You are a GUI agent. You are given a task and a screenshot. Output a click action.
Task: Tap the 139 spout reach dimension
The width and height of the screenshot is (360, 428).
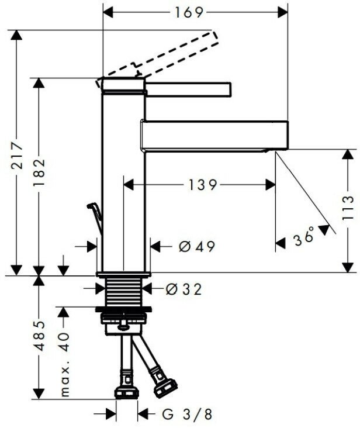pyautogui.click(x=202, y=185)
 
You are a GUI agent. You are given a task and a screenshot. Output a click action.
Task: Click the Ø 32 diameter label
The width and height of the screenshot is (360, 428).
pyautogui.click(x=184, y=288)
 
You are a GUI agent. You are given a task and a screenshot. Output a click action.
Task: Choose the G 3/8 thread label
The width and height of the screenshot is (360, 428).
pyautogui.click(x=186, y=414)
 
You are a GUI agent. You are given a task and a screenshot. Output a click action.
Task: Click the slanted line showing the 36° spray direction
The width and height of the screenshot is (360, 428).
pyautogui.click(x=306, y=193)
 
